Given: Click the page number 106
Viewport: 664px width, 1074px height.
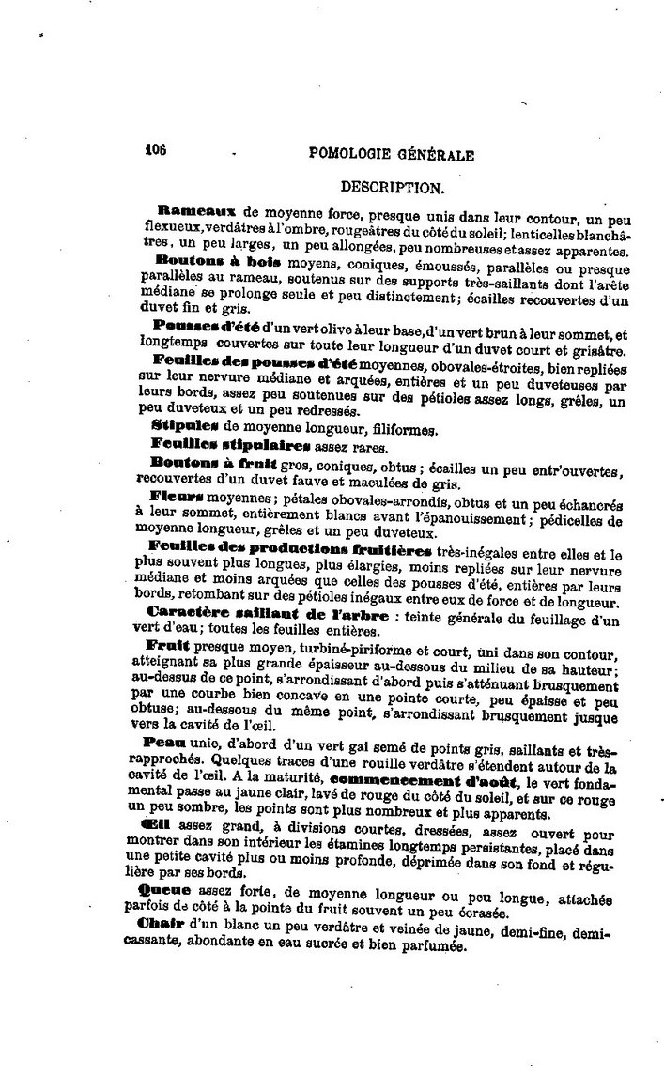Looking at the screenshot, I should click(155, 149).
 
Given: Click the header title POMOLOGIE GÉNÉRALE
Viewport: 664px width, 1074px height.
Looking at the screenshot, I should click(391, 156).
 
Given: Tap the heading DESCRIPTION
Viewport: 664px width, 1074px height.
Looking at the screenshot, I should click(393, 187).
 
